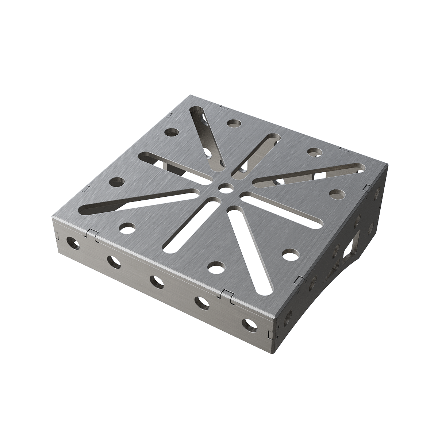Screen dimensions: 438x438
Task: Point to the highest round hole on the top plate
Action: click(234, 123)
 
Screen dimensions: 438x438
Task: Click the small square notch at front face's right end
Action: click(270, 334)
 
